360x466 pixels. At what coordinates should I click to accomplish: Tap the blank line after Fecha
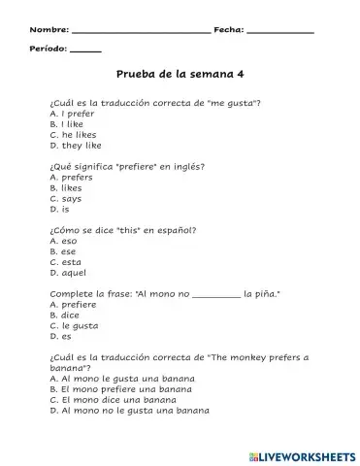280,31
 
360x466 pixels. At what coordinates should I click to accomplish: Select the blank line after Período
85,50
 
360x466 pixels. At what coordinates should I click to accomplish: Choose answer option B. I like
67,124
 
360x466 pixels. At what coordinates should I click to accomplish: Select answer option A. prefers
71,178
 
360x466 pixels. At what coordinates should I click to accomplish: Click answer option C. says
67,199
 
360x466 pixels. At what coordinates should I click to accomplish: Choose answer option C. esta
66,262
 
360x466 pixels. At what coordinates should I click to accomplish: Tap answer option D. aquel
68,273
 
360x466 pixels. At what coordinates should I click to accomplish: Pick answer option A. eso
64,241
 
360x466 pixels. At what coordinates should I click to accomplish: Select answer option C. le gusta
74,326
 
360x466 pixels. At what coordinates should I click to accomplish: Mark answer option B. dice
66,316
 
